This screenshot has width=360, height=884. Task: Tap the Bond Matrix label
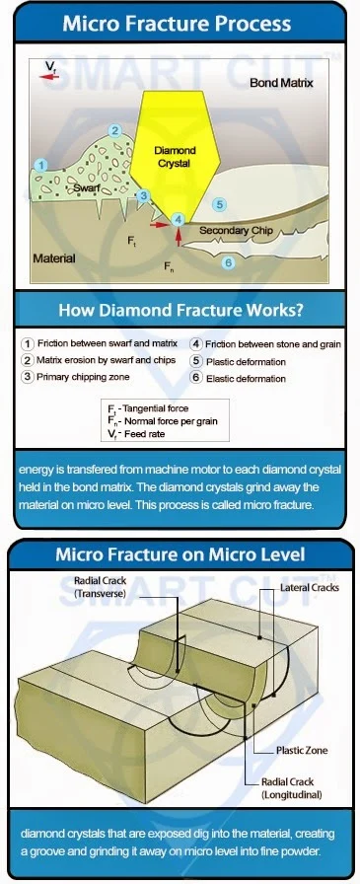[281, 83]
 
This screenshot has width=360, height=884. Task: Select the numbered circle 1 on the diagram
[40, 165]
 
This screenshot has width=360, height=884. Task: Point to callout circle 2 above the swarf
[115, 131]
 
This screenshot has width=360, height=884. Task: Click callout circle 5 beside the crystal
[220, 204]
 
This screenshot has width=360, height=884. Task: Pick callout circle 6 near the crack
[228, 262]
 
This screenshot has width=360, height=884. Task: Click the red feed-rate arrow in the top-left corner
[50, 77]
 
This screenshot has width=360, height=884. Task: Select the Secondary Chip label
[236, 230]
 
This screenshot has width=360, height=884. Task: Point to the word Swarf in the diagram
[87, 187]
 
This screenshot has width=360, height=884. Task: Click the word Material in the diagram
[54, 258]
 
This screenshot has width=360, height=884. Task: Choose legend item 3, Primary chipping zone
[75, 377]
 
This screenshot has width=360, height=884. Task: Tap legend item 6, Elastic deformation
[239, 378]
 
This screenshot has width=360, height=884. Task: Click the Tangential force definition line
[148, 408]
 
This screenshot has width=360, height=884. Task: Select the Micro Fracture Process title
[177, 24]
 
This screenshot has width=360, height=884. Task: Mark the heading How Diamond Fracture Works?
[181, 310]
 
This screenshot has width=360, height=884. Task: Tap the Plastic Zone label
[302, 751]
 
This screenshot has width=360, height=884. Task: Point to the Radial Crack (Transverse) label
[100, 586]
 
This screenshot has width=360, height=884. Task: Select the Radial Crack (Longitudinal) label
[291, 788]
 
